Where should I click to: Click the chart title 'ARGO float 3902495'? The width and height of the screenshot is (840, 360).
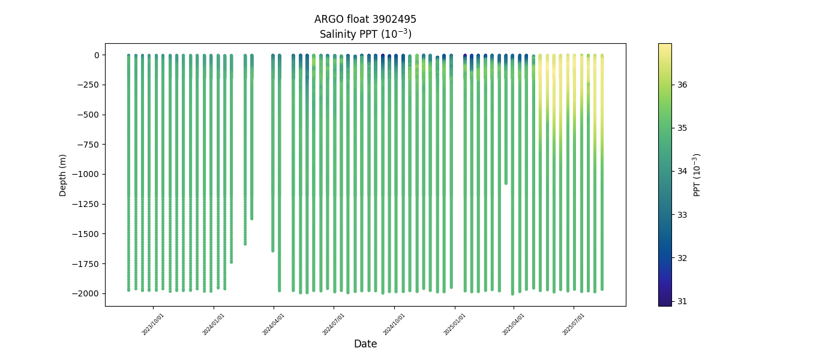tap(365, 19)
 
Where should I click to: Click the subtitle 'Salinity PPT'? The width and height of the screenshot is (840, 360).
tap(365, 34)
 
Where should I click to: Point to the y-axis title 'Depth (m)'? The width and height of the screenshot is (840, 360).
tap(63, 175)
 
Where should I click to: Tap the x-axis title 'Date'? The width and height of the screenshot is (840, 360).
tap(365, 344)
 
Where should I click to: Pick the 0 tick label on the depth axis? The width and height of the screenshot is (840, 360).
tap(96, 55)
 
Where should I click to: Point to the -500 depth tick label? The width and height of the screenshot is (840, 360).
tap(89, 115)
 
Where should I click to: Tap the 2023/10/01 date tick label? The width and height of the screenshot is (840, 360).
tap(153, 324)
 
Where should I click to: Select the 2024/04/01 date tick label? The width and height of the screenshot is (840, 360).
tap(274, 324)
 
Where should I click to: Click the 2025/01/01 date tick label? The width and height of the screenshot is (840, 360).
tap(455, 324)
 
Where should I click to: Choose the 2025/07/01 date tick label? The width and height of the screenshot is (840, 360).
tap(574, 324)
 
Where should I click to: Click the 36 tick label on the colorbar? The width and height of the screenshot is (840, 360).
tap(682, 85)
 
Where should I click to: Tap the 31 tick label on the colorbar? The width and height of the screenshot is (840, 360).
tap(682, 301)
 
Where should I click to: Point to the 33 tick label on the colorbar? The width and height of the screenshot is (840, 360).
tap(682, 215)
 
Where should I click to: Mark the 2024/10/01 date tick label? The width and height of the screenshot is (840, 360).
tap(394, 324)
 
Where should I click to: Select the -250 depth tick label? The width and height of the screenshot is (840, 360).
tap(89, 85)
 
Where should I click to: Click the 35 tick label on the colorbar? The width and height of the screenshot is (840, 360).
tap(682, 128)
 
